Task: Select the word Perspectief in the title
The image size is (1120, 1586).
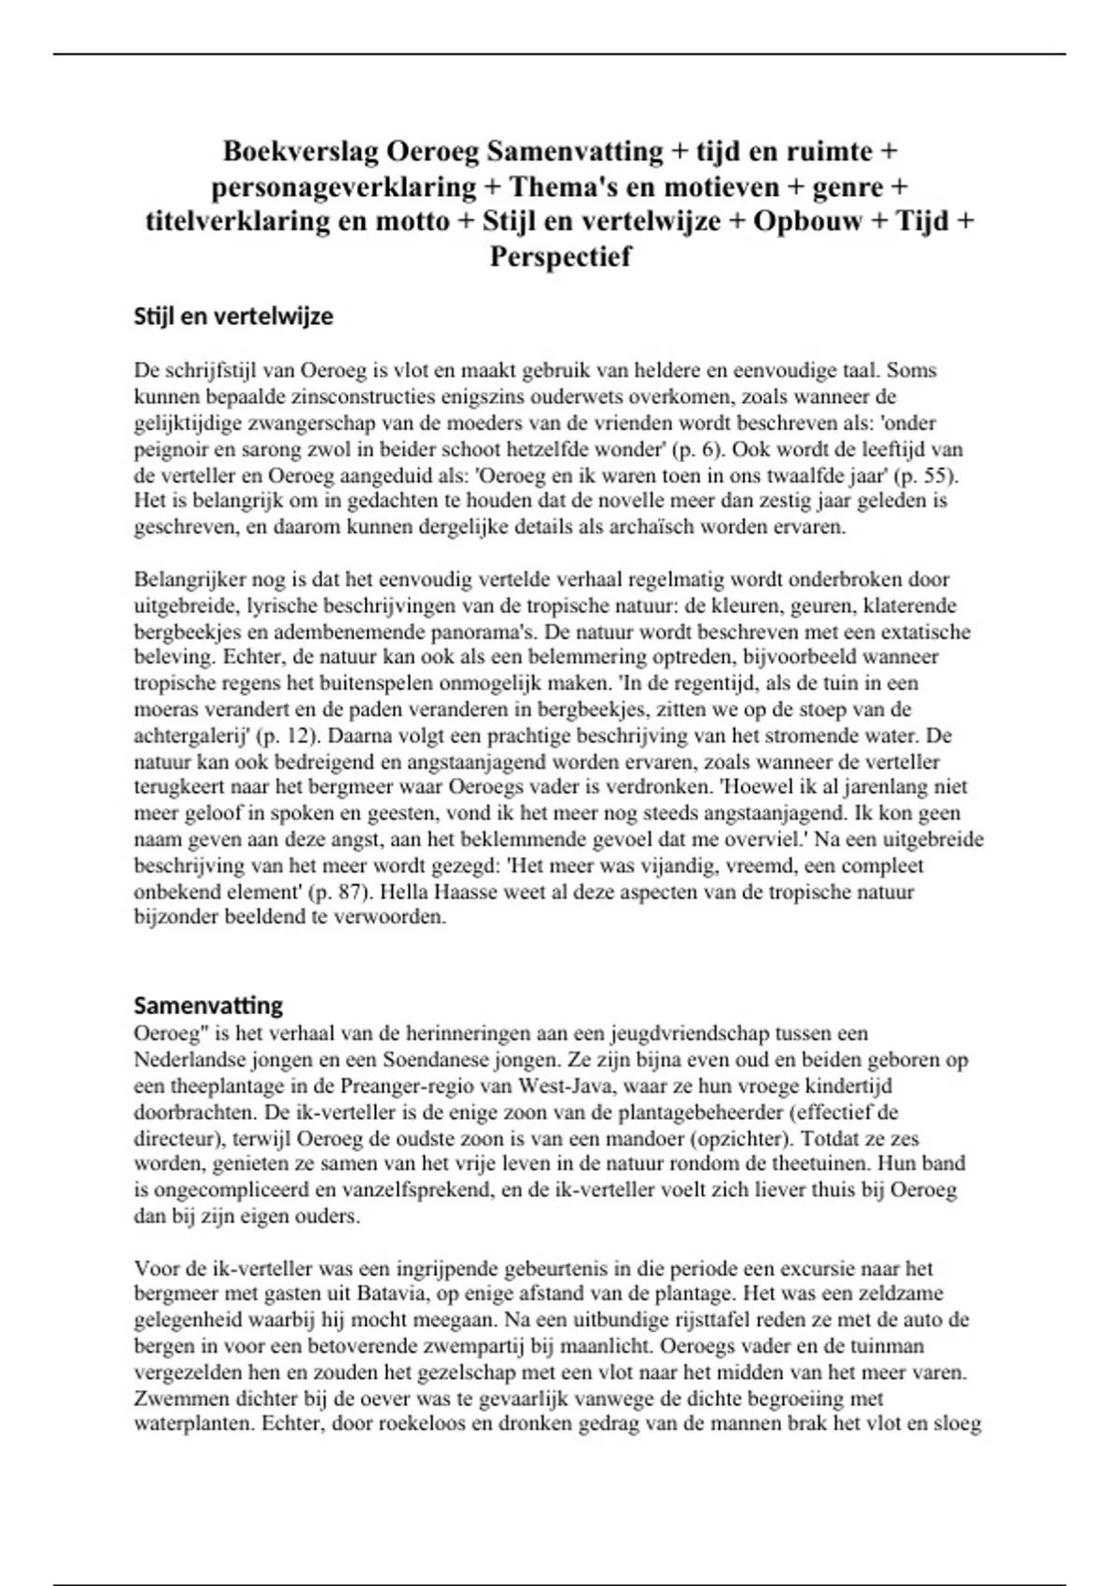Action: coord(560,257)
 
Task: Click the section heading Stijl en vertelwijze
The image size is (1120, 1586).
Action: coord(233,316)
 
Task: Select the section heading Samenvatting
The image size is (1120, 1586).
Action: coord(208,1006)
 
